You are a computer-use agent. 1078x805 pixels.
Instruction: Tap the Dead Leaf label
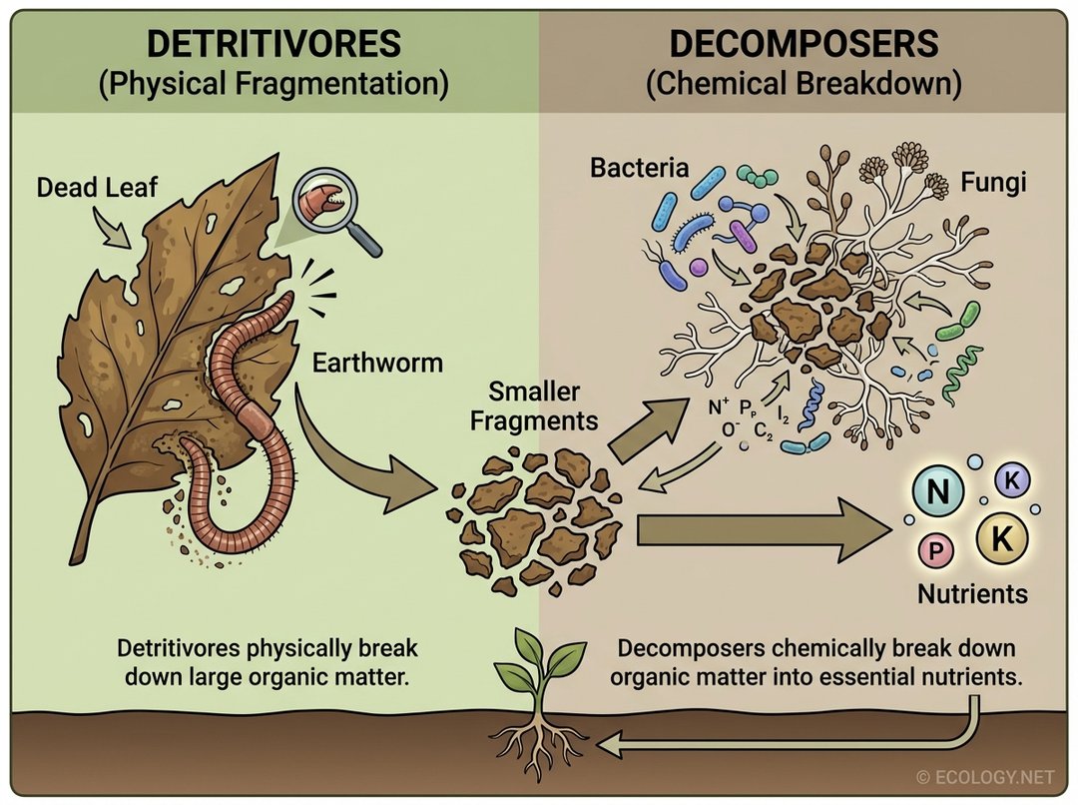(97, 187)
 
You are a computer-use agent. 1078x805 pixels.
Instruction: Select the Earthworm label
(377, 362)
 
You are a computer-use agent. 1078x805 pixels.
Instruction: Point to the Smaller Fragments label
(534, 405)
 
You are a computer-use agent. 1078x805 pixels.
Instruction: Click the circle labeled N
(939, 491)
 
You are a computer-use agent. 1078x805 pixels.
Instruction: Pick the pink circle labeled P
(935, 549)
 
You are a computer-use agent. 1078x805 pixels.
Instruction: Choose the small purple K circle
(1011, 480)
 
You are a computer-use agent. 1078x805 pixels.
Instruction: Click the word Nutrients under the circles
(972, 594)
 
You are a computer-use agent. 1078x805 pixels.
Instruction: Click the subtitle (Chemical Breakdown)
(804, 84)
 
